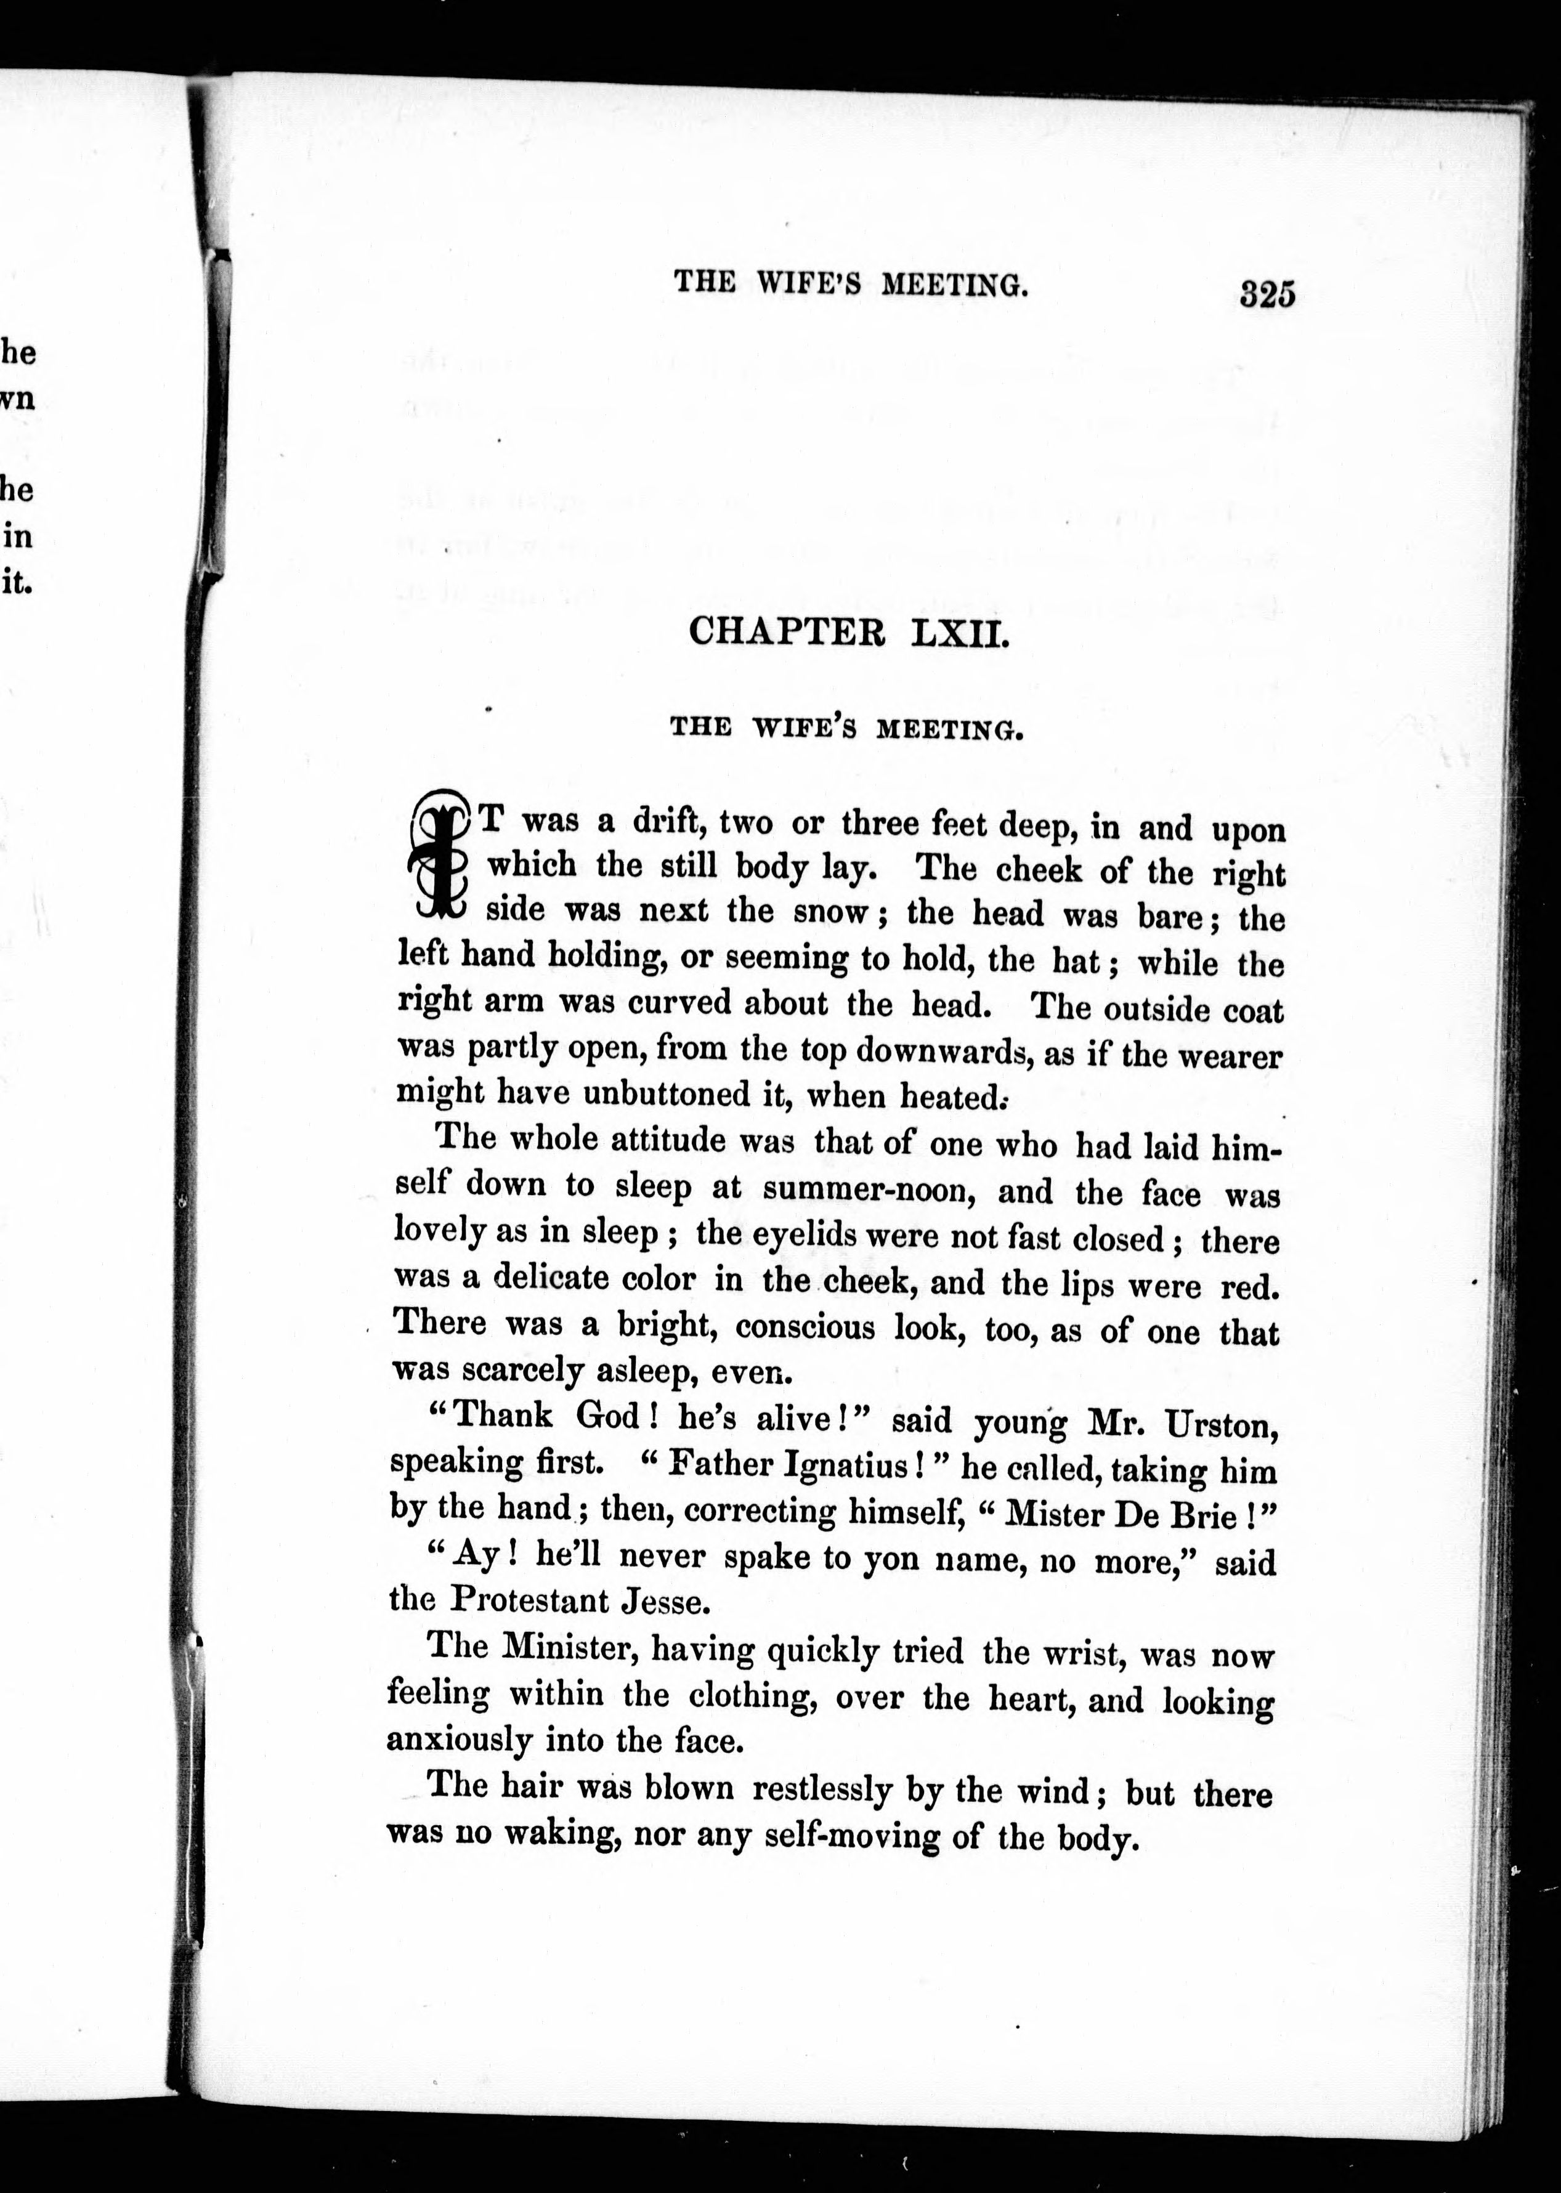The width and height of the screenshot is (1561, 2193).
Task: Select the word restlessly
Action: (822, 1790)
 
